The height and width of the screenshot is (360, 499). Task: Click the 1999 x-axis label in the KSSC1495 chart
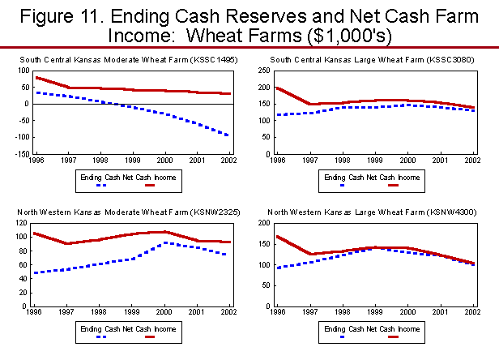pos(132,161)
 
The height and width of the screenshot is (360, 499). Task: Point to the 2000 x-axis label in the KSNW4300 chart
pos(403,312)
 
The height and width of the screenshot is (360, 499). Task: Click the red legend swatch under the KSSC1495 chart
pos(149,185)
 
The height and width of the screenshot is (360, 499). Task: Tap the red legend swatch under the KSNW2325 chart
pos(149,336)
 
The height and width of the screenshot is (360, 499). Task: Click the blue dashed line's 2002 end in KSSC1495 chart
pos(229,135)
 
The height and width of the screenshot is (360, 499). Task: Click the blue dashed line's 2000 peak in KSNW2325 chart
pos(164,242)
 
